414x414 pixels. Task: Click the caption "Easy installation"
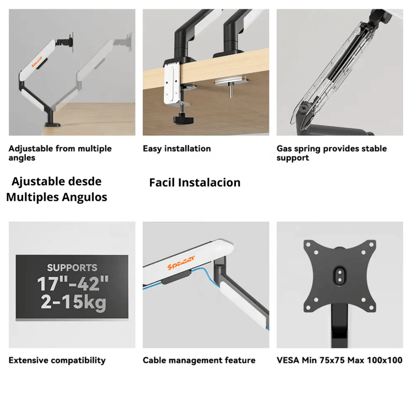pos(176,149)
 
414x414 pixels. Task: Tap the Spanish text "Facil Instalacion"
pos(195,183)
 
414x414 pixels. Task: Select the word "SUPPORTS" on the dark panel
pos(72,268)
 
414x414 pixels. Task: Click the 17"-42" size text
pos(72,284)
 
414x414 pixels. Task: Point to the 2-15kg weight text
pos(73,302)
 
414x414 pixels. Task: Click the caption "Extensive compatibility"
pos(57,360)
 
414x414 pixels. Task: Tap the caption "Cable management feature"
pos(199,360)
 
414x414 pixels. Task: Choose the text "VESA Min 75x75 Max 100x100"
pos(339,360)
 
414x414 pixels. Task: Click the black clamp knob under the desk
pos(184,120)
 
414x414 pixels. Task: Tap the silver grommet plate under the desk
pos(231,80)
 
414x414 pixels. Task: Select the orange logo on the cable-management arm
pos(181,262)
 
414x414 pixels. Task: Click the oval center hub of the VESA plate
pos(340,276)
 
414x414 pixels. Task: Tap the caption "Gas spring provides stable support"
pos(332,153)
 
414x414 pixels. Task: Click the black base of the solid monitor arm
pos(53,124)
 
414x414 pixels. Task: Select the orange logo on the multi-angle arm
pos(37,62)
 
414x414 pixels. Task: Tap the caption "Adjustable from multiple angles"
pos(60,153)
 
